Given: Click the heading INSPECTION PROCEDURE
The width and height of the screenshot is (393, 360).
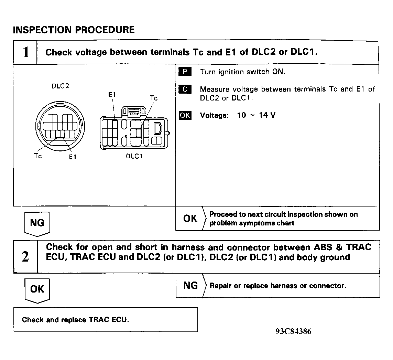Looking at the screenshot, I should [x=74, y=30].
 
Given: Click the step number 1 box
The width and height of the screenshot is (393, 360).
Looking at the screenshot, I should [x=25, y=53].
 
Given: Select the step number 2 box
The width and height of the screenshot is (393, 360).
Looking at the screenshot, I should [x=25, y=257].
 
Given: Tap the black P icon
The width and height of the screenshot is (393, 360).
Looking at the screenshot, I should [x=185, y=72].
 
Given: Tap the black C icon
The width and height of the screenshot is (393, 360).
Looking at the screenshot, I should [x=185, y=89].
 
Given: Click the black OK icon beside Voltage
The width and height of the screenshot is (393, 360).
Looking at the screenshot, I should [x=185, y=115].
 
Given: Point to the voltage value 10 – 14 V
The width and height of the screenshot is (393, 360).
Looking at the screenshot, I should [x=256, y=115].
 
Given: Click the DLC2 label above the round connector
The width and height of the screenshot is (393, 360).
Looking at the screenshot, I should [x=60, y=86].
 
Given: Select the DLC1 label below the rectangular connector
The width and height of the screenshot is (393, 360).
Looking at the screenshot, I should [x=134, y=156].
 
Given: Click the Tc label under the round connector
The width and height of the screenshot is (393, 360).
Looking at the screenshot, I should [x=38, y=156].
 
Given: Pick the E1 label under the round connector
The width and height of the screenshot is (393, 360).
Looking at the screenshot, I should [x=72, y=157].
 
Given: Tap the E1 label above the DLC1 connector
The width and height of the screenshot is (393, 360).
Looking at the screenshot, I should [x=112, y=95].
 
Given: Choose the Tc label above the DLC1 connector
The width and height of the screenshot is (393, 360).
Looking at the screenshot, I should [x=154, y=98].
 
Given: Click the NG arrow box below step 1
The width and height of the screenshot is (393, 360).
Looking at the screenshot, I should [x=37, y=223].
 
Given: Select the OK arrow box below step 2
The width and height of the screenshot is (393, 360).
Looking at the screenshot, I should [x=37, y=289].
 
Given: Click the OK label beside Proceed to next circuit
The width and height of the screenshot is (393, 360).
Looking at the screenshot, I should [x=190, y=218].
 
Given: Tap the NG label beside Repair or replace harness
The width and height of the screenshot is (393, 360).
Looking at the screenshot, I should [x=191, y=285].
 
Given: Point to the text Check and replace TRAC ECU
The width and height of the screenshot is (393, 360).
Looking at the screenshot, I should [x=76, y=320].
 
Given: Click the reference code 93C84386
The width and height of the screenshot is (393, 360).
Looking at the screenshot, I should [x=293, y=331].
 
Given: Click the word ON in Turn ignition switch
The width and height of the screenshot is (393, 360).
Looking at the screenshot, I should [x=279, y=72].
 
